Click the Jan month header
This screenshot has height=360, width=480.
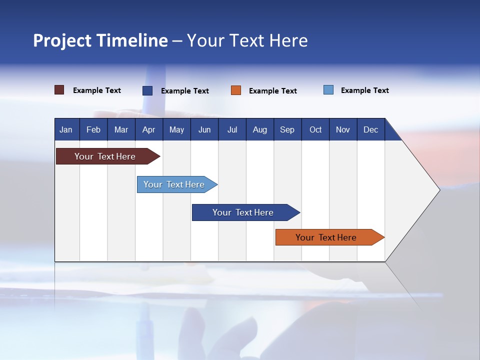66,129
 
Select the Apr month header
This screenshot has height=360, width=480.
148,129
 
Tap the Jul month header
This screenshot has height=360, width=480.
232,129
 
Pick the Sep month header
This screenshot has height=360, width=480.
287,129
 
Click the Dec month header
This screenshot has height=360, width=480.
370,129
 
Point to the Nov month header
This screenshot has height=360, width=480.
342,129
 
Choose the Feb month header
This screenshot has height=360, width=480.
93,129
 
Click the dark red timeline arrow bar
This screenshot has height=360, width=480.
105,156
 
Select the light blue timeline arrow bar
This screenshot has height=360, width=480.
174,184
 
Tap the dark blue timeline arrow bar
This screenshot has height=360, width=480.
243,212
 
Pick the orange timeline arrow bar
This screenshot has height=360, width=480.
326,237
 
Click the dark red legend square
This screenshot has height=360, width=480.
59,90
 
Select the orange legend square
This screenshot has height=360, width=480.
236,90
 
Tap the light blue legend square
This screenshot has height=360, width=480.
328,90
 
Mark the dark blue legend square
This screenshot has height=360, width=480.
147,90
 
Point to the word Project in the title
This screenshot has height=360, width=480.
62,40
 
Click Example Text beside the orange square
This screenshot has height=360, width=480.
272,91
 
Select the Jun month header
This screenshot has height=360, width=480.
204,129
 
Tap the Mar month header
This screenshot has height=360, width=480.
121,129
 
